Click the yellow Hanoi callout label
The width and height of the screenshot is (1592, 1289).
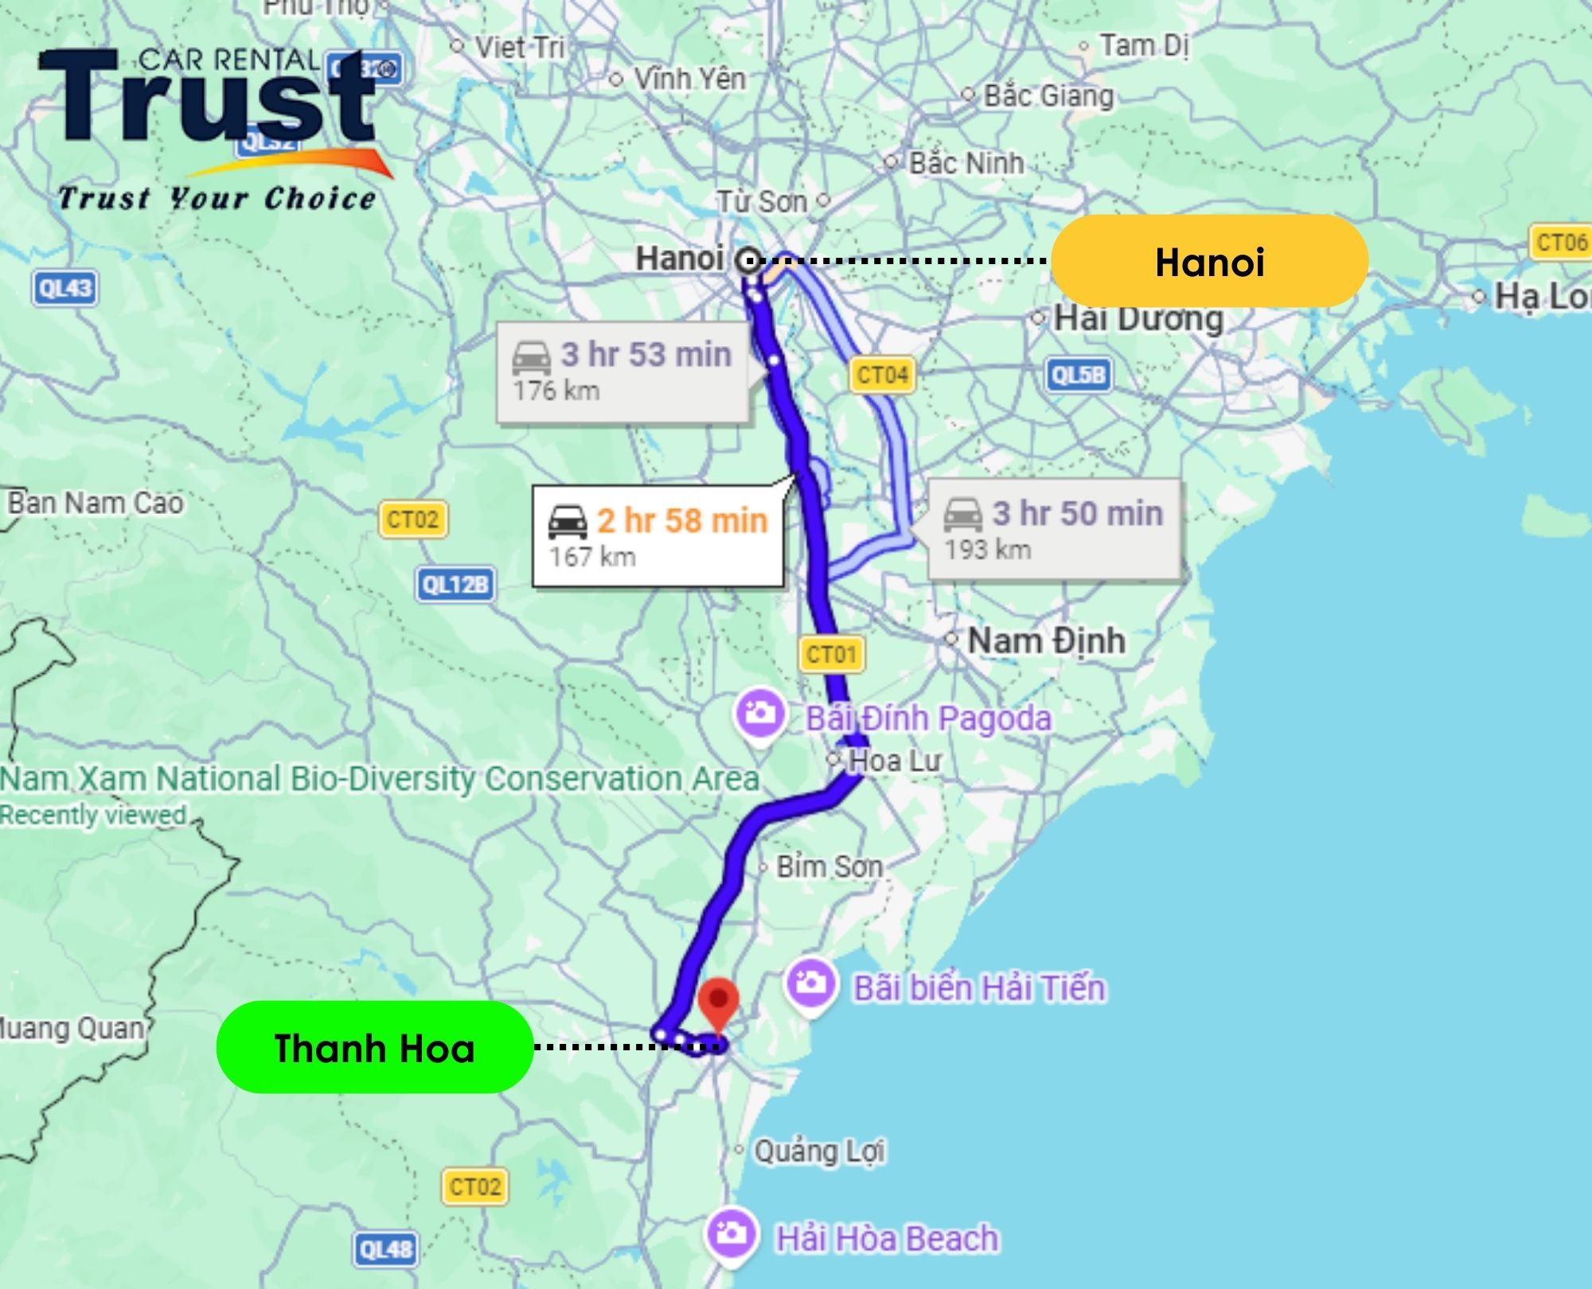click(1209, 262)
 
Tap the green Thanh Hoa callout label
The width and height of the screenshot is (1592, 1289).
click(374, 1048)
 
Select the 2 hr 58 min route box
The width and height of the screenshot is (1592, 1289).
click(657, 536)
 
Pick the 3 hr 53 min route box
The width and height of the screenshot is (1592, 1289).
click(622, 372)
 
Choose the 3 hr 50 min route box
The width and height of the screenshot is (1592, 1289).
click(1053, 529)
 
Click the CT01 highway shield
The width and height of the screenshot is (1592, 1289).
click(831, 654)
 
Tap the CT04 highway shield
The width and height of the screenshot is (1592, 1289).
click(882, 374)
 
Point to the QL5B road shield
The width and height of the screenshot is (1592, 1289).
click(1079, 374)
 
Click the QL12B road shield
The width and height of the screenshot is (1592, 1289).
click(455, 585)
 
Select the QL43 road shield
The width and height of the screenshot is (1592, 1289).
click(65, 288)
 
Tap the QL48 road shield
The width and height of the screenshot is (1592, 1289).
click(385, 1248)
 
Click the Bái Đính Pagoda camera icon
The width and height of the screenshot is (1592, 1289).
click(760, 714)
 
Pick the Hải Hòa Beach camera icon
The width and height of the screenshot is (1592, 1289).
click(730, 1235)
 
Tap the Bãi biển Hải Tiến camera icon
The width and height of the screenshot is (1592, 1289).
click(810, 984)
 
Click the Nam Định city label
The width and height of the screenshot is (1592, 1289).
click(1046, 641)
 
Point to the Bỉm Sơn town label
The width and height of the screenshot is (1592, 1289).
click(829, 866)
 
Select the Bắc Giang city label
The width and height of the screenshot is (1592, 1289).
click(1048, 96)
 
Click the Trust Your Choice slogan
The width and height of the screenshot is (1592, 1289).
click(217, 198)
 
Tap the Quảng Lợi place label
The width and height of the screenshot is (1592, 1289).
click(819, 1151)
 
